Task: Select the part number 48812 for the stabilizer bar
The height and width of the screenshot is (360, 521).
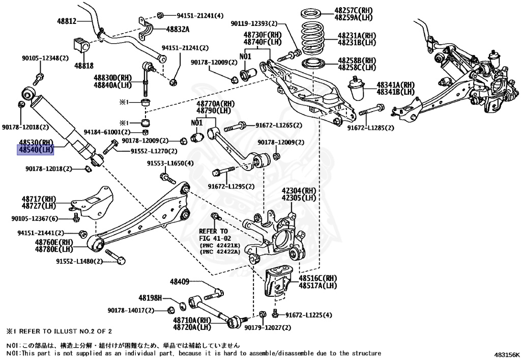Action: (67, 21)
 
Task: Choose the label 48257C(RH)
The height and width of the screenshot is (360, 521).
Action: (354, 10)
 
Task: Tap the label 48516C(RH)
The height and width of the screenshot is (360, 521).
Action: (318, 279)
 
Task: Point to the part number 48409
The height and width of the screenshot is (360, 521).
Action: (180, 282)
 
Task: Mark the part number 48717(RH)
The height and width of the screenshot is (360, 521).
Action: (38, 199)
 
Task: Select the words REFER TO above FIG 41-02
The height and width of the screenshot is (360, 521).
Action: (214, 231)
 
